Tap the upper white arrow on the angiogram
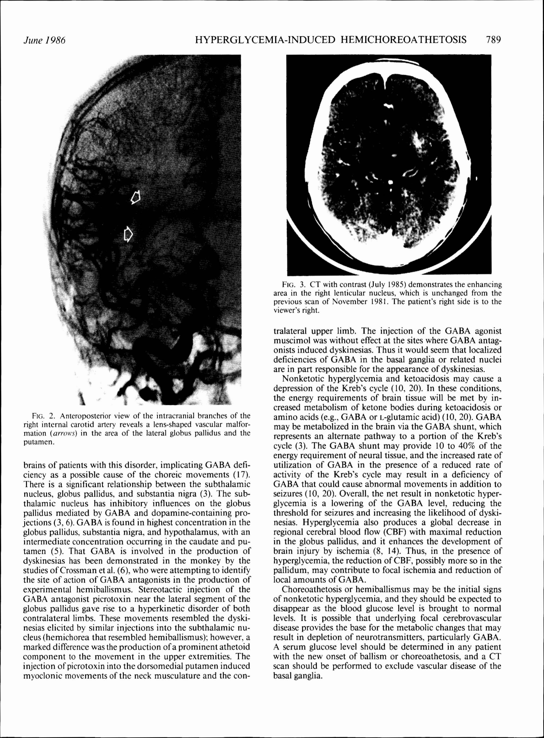point(136,197)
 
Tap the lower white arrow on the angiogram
point(128,234)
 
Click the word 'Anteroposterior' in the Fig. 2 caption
point(77,415)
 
